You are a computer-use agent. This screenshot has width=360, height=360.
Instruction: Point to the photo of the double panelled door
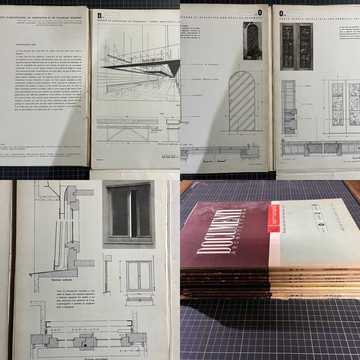click(x=296, y=46)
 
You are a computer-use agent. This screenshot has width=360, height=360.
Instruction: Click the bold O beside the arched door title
click(x=259, y=11)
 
